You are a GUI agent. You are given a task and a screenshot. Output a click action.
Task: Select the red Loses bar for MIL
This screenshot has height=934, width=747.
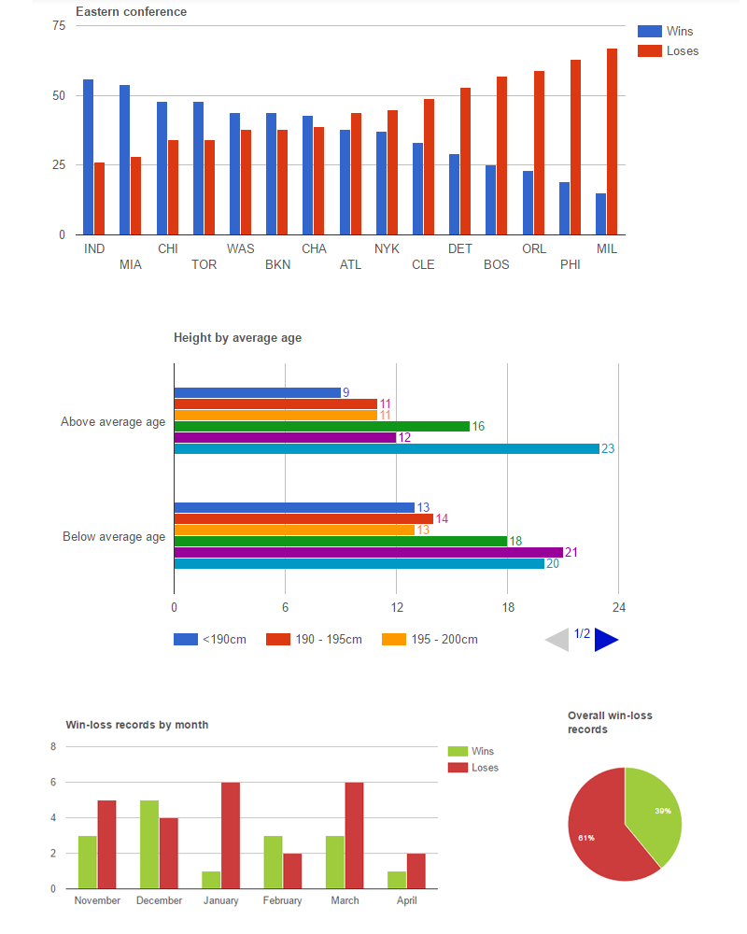(612, 141)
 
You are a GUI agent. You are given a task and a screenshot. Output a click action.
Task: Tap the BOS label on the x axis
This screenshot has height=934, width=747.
(497, 265)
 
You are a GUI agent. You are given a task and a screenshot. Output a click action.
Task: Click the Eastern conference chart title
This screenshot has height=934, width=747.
(131, 12)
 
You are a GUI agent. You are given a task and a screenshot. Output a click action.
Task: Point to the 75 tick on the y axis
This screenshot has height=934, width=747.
(59, 25)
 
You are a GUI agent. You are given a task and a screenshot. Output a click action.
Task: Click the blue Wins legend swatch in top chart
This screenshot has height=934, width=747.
(650, 31)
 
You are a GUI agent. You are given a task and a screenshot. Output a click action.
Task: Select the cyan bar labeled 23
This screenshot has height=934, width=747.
(387, 449)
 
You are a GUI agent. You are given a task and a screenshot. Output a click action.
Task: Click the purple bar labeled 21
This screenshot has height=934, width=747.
(368, 553)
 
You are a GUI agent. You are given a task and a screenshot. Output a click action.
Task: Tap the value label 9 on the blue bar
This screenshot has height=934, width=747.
(345, 393)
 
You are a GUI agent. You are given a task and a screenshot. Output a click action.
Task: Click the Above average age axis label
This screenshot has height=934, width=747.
(113, 422)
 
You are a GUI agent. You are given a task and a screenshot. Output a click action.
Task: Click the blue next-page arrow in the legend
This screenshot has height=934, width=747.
(605, 640)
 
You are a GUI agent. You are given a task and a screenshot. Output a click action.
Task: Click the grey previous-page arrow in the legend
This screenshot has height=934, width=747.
(558, 640)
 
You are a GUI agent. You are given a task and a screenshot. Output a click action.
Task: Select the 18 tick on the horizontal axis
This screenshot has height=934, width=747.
(507, 607)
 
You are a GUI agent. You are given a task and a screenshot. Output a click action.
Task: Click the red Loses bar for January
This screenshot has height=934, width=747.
(230, 835)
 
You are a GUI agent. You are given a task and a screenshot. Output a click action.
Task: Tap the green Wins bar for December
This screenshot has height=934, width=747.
(149, 844)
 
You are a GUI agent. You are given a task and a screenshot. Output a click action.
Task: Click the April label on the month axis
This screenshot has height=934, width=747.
(406, 901)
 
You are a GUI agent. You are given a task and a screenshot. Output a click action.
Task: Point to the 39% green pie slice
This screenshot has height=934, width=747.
(656, 813)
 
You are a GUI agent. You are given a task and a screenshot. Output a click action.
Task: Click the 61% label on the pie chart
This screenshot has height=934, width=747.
(585, 838)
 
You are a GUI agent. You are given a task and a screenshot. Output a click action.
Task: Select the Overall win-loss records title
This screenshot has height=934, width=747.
(610, 722)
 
